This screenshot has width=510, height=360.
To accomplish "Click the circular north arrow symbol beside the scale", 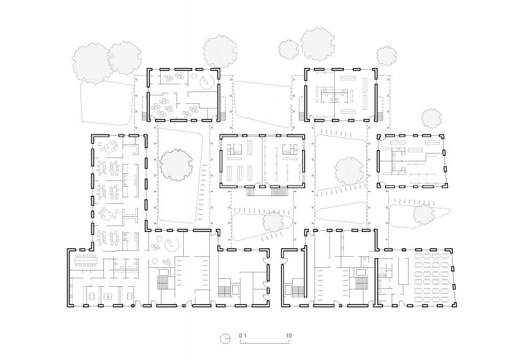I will click(225, 338).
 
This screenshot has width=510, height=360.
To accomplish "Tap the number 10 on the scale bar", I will click(288, 335).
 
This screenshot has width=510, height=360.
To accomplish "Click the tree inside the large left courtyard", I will click(177, 165).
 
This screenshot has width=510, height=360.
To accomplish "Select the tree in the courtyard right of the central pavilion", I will click(348, 171).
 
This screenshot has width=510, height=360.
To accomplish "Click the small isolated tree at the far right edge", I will click(432, 118).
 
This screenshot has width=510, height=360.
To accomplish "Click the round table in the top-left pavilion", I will click(207, 83).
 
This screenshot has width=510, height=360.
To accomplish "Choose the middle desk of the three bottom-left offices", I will click(107, 296).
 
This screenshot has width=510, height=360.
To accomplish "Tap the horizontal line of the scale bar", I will click(265, 340).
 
